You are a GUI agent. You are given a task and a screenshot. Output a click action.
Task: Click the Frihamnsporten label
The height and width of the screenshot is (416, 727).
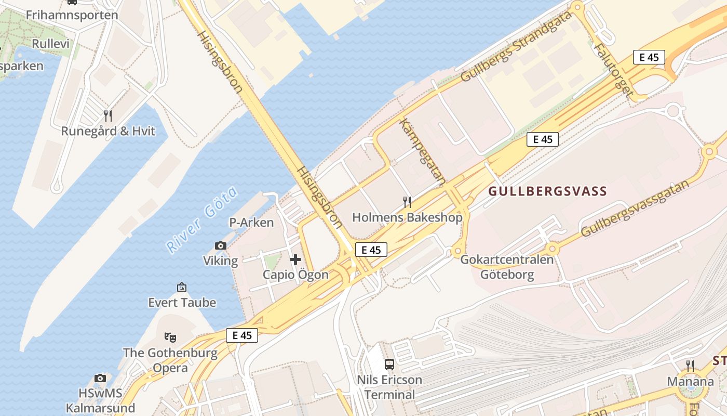click(x=72, y=15)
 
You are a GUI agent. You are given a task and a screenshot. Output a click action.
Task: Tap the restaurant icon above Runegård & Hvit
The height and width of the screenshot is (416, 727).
click(x=108, y=115)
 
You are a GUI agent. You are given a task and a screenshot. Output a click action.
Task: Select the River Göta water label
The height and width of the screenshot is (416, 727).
click(x=203, y=220)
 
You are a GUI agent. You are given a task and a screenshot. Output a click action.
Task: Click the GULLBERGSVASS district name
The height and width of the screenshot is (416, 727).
click(x=547, y=191)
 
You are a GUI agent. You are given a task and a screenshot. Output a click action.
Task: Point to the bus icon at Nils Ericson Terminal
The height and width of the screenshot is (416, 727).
click(x=389, y=365)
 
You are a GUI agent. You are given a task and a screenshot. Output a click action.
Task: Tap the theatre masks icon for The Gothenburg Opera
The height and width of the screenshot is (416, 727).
click(x=170, y=337)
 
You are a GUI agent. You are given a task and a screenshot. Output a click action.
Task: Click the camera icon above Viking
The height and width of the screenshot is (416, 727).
click(x=221, y=245)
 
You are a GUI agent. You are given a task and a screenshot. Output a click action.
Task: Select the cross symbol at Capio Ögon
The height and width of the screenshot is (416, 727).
click(x=295, y=259)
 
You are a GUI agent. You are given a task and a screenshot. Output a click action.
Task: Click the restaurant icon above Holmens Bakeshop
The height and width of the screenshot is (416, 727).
click(x=407, y=202)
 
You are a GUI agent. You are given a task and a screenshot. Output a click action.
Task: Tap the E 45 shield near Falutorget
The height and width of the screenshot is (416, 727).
click(x=649, y=57)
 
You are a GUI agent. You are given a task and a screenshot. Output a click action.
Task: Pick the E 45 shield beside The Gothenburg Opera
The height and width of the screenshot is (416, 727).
click(x=242, y=335)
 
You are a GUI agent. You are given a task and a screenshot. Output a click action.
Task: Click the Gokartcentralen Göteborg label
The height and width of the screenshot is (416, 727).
click(x=507, y=267)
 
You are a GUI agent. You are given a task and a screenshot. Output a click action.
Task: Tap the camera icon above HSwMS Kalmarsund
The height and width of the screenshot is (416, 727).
click(x=100, y=378)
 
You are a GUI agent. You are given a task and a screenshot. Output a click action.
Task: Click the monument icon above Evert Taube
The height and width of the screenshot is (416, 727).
click(x=182, y=287)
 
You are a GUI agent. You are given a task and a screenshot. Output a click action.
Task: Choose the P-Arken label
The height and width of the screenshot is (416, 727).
click(x=251, y=223)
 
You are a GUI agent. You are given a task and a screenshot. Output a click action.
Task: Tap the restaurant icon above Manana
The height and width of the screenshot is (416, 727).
click(x=690, y=366)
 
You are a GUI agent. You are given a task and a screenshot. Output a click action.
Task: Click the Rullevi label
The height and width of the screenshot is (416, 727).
click(x=50, y=44)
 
